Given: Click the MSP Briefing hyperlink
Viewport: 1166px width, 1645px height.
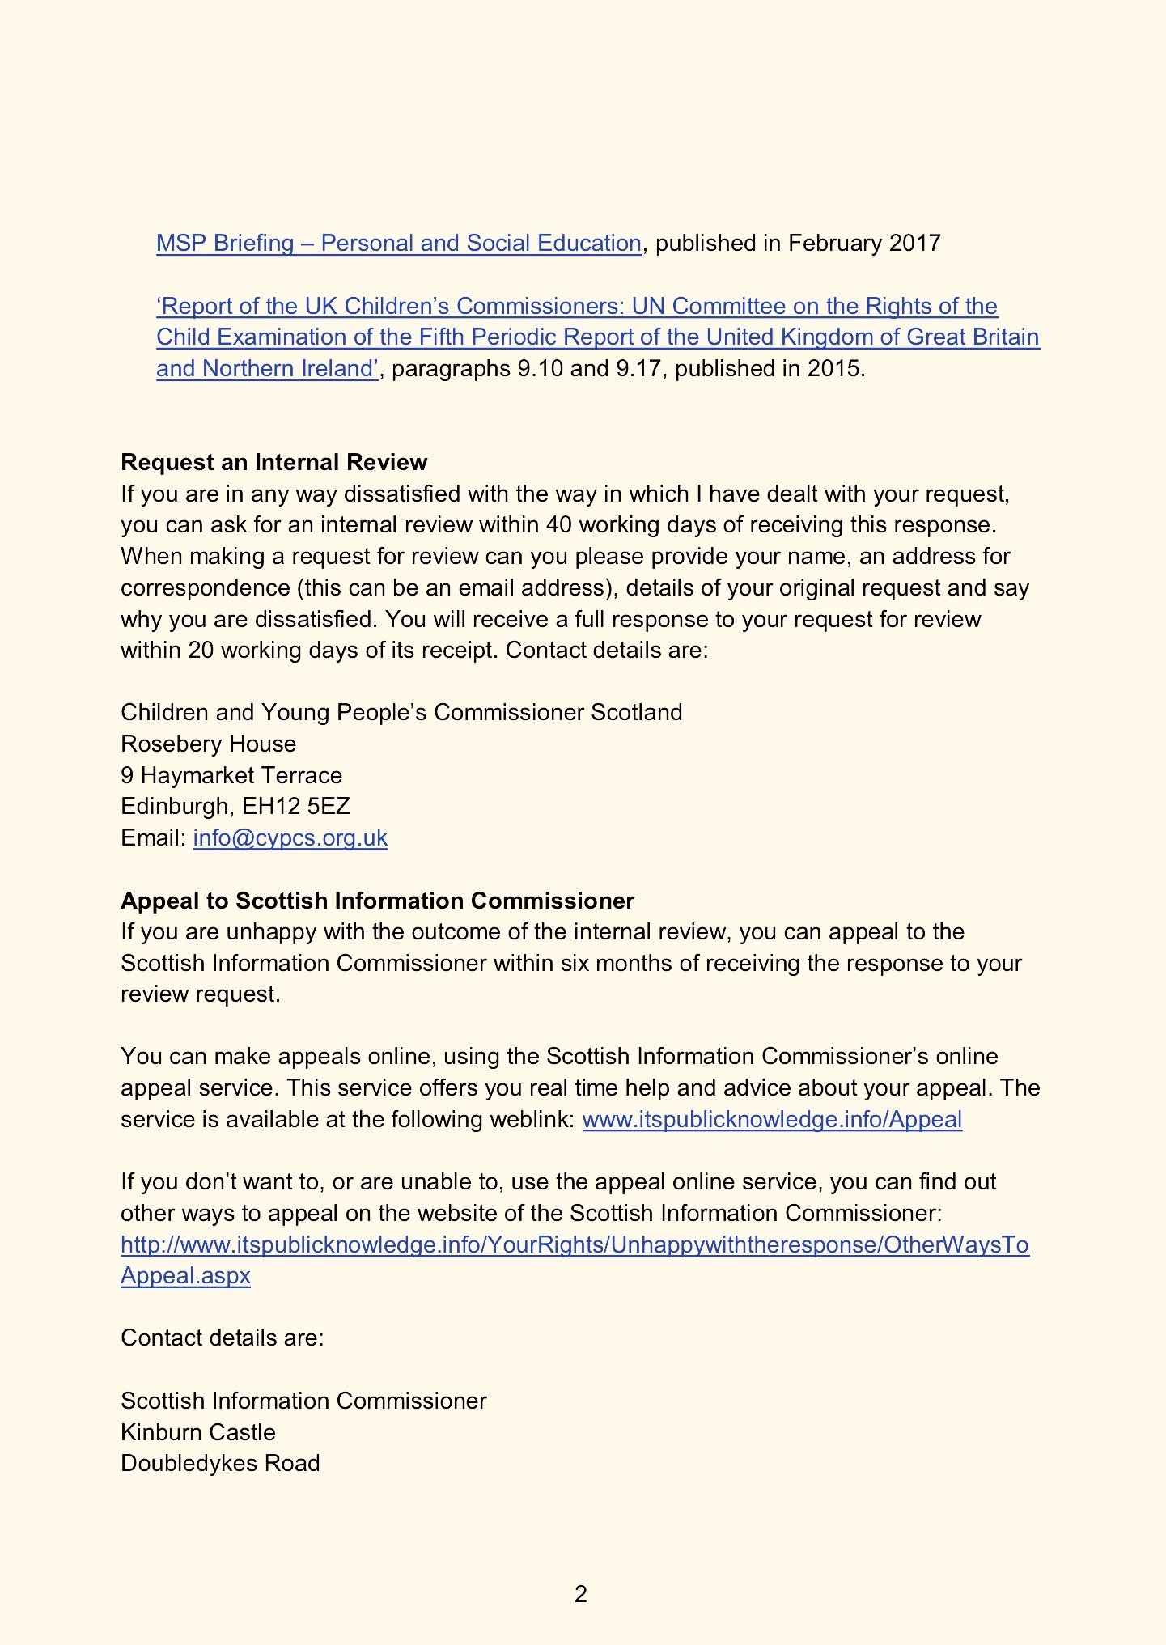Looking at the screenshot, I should click(x=398, y=244).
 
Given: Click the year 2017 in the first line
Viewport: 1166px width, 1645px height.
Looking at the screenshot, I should click(x=914, y=244).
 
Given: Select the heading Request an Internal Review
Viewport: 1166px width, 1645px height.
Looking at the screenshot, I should click(x=273, y=463).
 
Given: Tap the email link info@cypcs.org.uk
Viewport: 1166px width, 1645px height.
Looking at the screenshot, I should click(x=290, y=838).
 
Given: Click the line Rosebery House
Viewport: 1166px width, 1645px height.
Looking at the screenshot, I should click(x=208, y=744).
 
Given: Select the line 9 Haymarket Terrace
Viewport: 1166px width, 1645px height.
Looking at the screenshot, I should click(x=231, y=776).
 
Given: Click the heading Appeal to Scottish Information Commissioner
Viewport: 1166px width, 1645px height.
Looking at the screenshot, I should click(x=377, y=901).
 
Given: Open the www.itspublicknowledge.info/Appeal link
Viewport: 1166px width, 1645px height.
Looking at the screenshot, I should click(x=772, y=1120).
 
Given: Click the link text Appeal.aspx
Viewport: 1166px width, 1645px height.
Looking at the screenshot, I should click(x=185, y=1276).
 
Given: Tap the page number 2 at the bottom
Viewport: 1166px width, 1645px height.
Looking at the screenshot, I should click(x=580, y=1594).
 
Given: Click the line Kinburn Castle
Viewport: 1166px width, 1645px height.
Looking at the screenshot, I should click(x=197, y=1433).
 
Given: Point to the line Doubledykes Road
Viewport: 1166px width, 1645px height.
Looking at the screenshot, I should click(x=220, y=1464).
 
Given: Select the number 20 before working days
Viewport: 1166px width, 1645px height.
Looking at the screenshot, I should click(x=201, y=651).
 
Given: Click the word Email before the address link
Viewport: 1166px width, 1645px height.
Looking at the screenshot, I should click(x=153, y=838).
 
